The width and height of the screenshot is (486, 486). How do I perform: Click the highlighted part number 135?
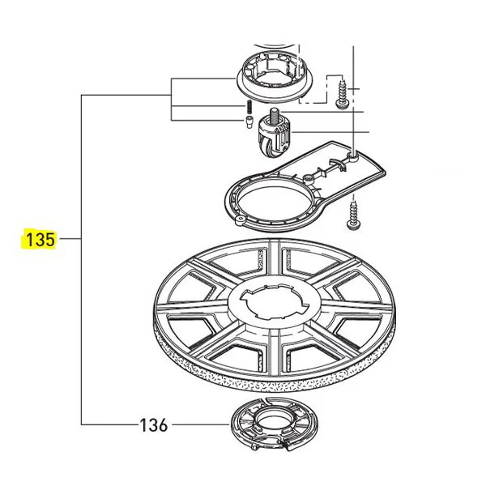(x=40, y=240)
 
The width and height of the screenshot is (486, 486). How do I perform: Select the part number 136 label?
(x=153, y=424)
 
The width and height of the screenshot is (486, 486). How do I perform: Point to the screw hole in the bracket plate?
(x=356, y=152)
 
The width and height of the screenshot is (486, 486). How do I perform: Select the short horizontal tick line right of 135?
(x=70, y=240)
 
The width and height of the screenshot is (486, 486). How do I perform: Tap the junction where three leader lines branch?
(x=172, y=96)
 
